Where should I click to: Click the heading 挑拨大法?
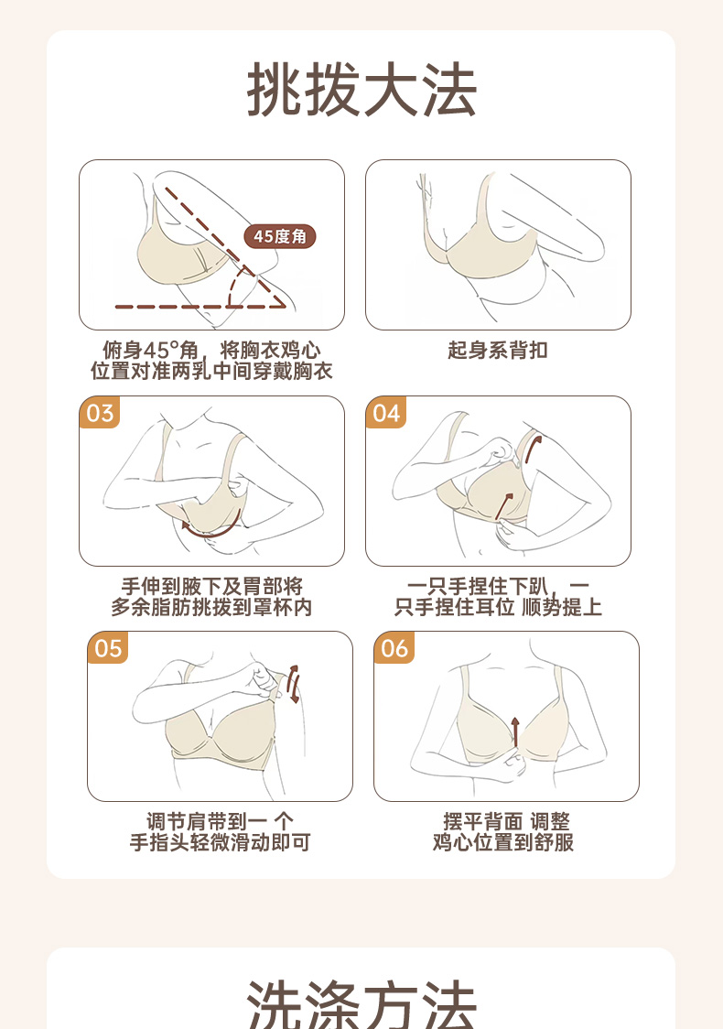(x=361, y=90)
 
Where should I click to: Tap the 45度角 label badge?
(x=280, y=236)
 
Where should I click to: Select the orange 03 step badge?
(x=100, y=413)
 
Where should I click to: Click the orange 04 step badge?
(x=386, y=413)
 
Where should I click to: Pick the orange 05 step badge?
(x=108, y=648)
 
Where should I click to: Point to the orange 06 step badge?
(x=394, y=648)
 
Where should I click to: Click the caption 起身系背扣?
(x=497, y=351)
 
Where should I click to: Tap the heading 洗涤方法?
(x=361, y=1004)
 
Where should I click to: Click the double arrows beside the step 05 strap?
(x=293, y=685)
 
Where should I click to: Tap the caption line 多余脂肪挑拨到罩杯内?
(x=211, y=607)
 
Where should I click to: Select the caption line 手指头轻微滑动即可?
(x=220, y=842)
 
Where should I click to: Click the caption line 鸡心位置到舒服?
(x=503, y=842)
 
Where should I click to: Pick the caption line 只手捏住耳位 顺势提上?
(x=498, y=607)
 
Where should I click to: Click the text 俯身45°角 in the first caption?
(x=150, y=351)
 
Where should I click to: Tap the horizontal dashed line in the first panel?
(x=200, y=307)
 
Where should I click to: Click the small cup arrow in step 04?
(x=503, y=506)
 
